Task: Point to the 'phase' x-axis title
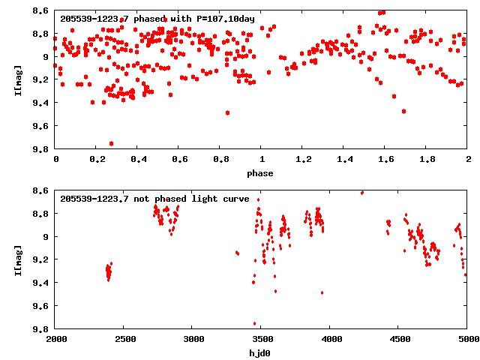click(x=261, y=173)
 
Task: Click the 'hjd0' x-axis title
click(x=261, y=353)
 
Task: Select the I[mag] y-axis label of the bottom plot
click(x=17, y=260)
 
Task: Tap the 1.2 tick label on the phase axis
click(x=303, y=160)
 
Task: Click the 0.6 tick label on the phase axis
click(x=179, y=160)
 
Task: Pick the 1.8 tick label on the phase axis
click(x=427, y=160)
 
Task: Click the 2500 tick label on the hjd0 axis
click(x=124, y=340)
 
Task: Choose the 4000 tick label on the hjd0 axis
click(x=330, y=340)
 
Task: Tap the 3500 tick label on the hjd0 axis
click(x=262, y=340)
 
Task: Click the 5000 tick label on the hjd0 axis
click(x=467, y=340)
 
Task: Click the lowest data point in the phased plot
click(x=112, y=143)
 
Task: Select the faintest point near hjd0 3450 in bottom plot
click(x=255, y=324)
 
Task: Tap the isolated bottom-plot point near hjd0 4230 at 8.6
click(x=362, y=193)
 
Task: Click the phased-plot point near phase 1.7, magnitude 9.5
click(x=403, y=111)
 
